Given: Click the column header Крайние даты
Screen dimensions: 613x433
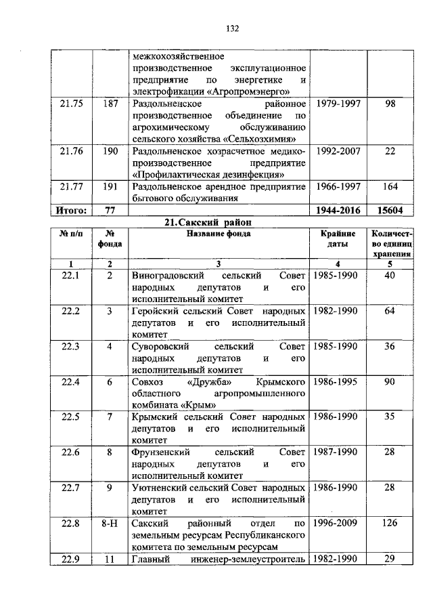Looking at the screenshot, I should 336,238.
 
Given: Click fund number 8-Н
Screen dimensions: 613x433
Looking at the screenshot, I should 110,523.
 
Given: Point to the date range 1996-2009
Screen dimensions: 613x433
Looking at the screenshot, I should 336,523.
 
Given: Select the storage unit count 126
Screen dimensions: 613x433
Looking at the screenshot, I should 389,523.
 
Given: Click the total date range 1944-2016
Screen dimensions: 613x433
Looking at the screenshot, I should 336,211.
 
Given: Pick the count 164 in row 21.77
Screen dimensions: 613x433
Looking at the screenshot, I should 389,186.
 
